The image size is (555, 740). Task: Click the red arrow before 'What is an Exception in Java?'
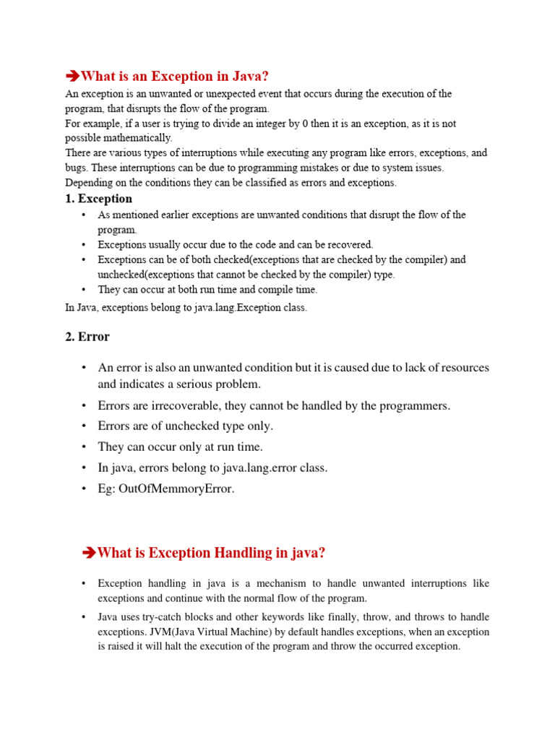[x=72, y=77]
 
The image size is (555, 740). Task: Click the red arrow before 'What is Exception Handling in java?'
[x=90, y=554]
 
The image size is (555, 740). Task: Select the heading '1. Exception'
[x=99, y=199]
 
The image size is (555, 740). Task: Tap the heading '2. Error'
[x=87, y=337]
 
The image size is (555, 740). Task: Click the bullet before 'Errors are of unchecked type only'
[x=84, y=426]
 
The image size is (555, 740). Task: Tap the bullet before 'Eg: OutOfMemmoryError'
[x=84, y=489]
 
